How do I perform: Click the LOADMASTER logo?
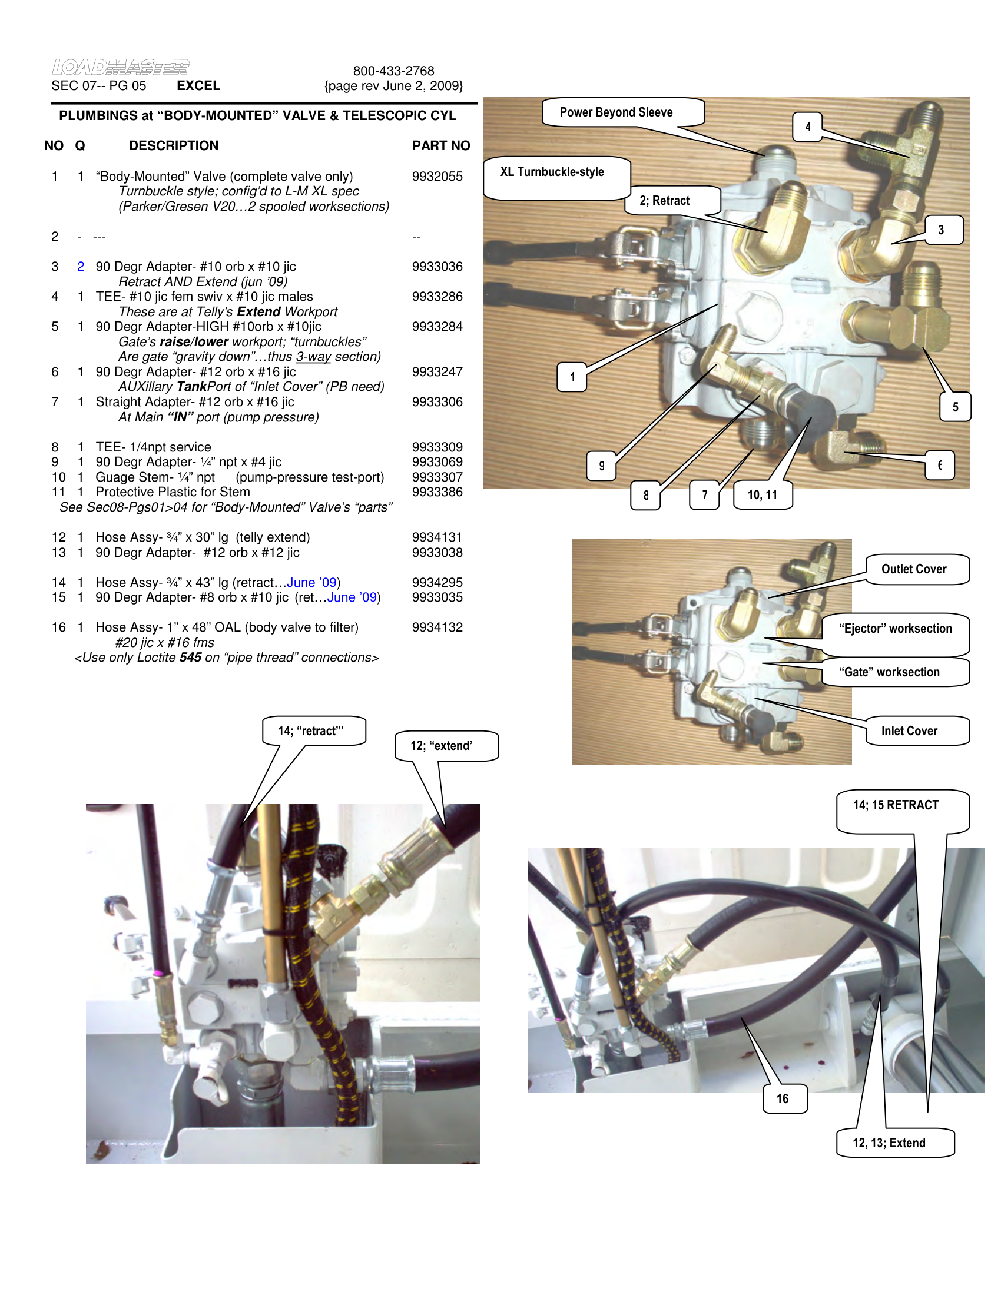click(120, 67)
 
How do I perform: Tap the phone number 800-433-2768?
click(393, 71)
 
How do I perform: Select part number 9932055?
click(437, 177)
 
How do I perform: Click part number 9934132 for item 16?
click(437, 627)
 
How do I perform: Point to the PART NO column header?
click(440, 146)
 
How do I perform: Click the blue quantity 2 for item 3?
click(81, 267)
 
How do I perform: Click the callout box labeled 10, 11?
click(762, 495)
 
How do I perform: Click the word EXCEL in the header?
click(198, 86)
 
